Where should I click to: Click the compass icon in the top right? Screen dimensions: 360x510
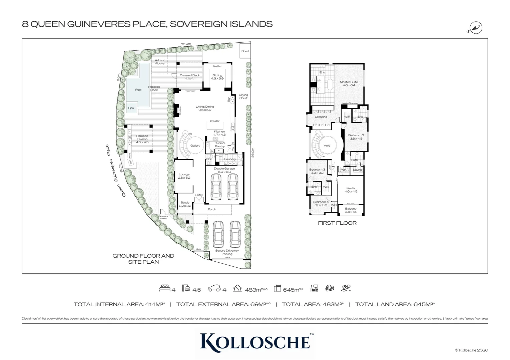(x=476, y=28)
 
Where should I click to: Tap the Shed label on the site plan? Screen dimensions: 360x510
(x=245, y=51)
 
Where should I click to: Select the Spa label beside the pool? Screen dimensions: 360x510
(x=131, y=108)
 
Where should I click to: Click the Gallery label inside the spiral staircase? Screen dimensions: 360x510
(x=195, y=146)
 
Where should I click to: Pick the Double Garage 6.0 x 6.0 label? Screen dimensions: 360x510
(x=224, y=170)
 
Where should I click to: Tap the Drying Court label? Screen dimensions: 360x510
(x=243, y=97)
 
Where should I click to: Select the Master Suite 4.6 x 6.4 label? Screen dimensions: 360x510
(x=349, y=84)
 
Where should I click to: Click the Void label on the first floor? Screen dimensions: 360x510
(x=327, y=146)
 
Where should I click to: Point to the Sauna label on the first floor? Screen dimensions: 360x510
(x=357, y=170)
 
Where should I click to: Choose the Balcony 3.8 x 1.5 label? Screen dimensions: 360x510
(x=351, y=210)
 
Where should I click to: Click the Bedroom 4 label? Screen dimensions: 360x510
(x=321, y=203)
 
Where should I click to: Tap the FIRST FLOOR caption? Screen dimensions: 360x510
(x=337, y=223)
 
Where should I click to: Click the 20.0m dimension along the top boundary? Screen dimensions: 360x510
(x=186, y=44)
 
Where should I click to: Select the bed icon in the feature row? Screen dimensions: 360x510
(x=165, y=288)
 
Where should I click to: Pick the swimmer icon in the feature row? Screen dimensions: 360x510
(x=346, y=288)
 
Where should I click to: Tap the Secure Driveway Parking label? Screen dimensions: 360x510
(x=227, y=252)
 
